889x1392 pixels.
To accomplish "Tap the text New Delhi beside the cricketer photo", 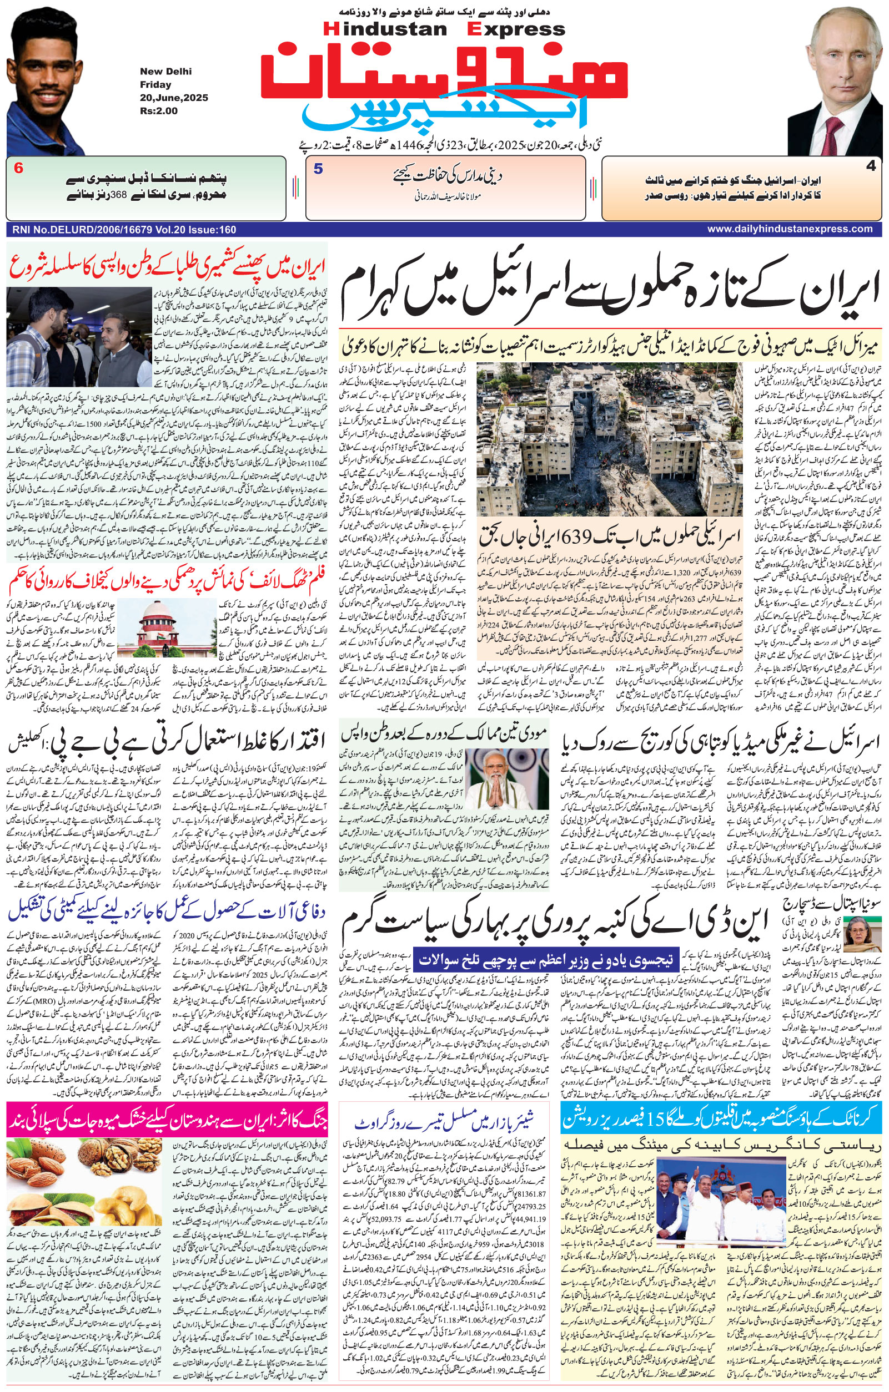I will pyautogui.click(x=165, y=72).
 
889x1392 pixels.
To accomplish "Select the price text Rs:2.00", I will pyautogui.click(x=158, y=111).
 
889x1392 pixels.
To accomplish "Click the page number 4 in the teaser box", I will pyautogui.click(x=871, y=166).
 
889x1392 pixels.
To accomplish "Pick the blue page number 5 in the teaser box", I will pyautogui.click(x=318, y=169).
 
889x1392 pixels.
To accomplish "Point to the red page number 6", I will pyautogui.click(x=18, y=169).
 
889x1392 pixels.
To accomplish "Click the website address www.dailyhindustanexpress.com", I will pyautogui.click(x=790, y=229).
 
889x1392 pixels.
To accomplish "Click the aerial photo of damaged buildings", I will pyautogui.click(x=610, y=439).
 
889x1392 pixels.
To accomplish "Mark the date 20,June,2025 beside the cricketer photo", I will pyautogui.click(x=173, y=98).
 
